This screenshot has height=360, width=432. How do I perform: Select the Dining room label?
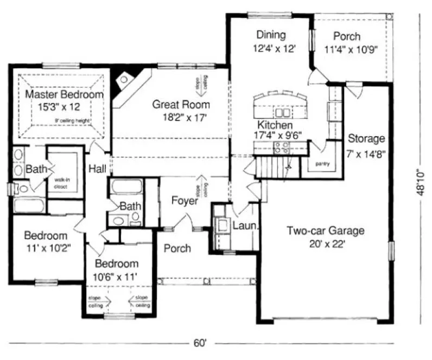(x=271, y=36)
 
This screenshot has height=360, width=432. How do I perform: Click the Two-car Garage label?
(x=326, y=230)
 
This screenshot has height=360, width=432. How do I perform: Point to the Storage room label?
(x=366, y=138)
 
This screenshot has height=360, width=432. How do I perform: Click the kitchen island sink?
(x=282, y=113)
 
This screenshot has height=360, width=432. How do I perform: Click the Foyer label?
(x=184, y=201)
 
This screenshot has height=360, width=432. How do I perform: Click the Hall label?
(x=98, y=168)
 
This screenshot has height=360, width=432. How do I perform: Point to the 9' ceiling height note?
(x=72, y=120)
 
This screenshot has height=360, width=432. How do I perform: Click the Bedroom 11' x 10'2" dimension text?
(x=47, y=248)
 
